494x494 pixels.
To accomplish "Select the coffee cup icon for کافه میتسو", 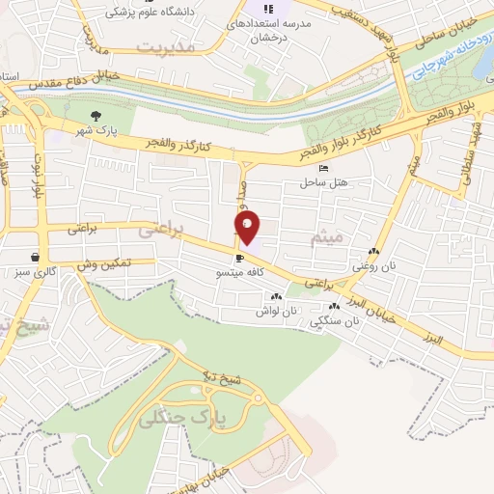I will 239,258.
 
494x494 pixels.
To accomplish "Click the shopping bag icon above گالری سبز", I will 35,257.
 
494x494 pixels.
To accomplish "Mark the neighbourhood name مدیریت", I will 166,45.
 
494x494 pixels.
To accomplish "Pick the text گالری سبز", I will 36,272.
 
